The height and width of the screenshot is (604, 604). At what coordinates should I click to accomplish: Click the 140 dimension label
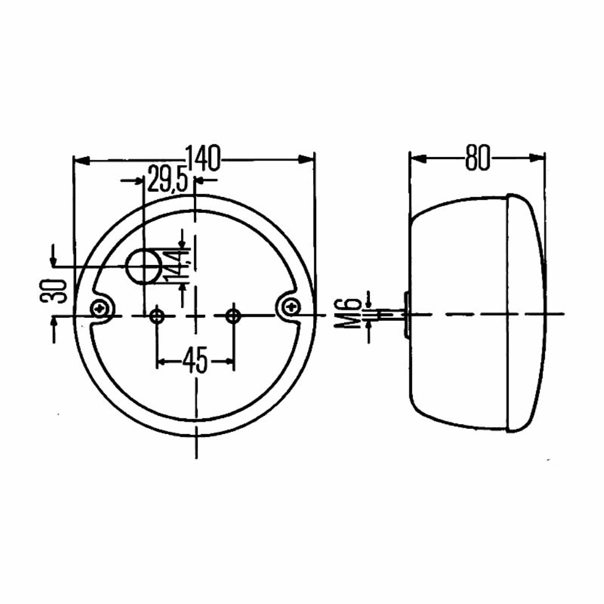click(x=203, y=158)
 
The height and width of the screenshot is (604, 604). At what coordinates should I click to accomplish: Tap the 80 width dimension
click(x=478, y=158)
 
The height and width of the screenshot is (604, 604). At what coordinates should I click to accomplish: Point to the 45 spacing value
click(x=195, y=360)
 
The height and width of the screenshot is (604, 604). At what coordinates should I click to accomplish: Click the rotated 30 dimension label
click(x=52, y=291)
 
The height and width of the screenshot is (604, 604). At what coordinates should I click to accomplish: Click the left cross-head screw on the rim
click(x=102, y=308)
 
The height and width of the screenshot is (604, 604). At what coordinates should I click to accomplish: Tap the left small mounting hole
click(x=157, y=317)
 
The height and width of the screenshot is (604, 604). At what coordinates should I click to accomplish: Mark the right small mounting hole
click(x=233, y=316)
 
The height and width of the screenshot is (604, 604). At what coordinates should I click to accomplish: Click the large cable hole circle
click(x=144, y=266)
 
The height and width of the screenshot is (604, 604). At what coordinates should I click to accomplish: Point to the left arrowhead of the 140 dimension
click(x=81, y=160)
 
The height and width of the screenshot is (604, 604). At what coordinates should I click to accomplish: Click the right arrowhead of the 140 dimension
click(x=306, y=159)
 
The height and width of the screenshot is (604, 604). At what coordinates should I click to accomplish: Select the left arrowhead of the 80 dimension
click(x=419, y=158)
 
